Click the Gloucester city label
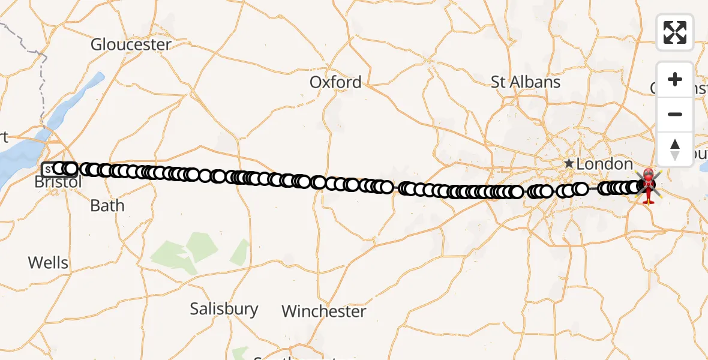(x=131, y=44)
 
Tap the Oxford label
(x=335, y=82)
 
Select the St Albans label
(x=526, y=82)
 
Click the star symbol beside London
(x=568, y=163)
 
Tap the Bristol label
(x=58, y=182)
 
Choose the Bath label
(x=107, y=206)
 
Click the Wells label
(x=48, y=263)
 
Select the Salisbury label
(x=224, y=309)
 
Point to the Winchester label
(x=323, y=311)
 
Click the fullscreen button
(x=675, y=32)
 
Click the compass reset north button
(x=675, y=149)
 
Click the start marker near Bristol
(x=47, y=169)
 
